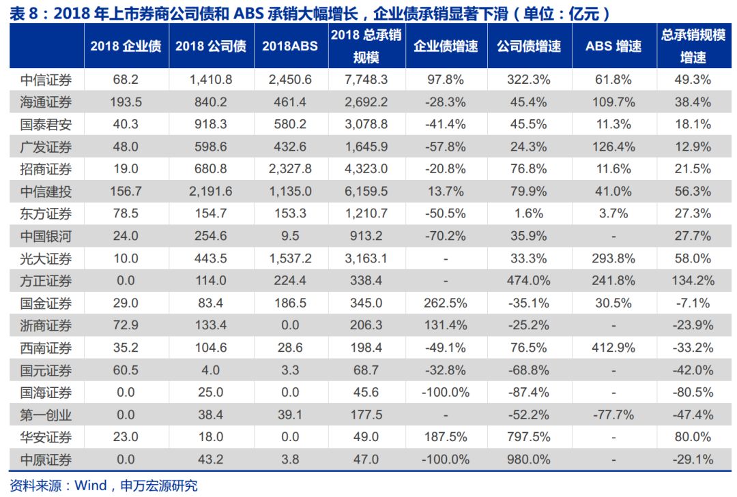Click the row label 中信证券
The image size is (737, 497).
[x=46, y=80]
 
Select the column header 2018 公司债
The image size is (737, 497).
[x=211, y=46]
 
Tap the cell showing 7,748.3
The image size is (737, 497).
[x=366, y=80]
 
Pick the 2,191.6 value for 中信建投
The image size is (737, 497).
[x=211, y=192]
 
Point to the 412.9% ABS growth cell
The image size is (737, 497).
[x=613, y=348]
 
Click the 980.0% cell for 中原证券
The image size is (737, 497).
[x=529, y=460]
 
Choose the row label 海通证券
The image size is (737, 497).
[x=46, y=102]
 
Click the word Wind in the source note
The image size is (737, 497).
[x=90, y=486]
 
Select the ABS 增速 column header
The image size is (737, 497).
[x=613, y=46]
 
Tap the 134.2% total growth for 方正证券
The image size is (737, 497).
[x=693, y=281]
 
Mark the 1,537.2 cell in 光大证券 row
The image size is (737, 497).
[x=290, y=258]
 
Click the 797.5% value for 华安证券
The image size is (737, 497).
[x=529, y=437]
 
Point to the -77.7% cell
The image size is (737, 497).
[x=613, y=415]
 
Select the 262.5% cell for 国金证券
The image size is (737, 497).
[x=446, y=303]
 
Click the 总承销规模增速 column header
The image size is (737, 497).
[x=693, y=46]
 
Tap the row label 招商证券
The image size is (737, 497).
[x=46, y=169]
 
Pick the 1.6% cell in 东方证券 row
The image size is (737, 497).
[x=529, y=214]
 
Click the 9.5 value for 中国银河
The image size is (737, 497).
[x=290, y=236]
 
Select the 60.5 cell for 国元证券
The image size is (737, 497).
[x=126, y=370]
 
